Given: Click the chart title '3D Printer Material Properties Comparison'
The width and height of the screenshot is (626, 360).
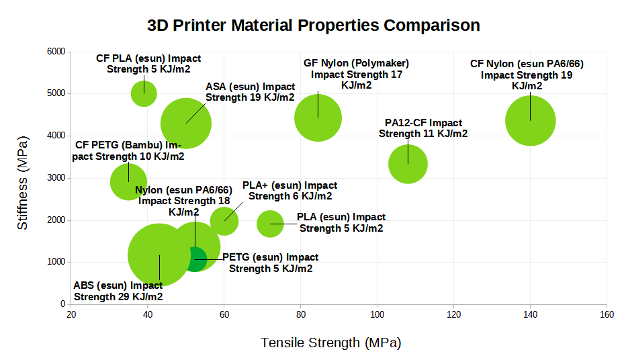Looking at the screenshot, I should click(313, 26).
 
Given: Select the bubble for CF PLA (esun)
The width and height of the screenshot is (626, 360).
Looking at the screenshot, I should click(144, 93).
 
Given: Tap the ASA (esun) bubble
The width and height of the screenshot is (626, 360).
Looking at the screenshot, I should click(186, 123).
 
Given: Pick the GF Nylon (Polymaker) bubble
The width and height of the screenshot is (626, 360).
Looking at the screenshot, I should click(318, 118).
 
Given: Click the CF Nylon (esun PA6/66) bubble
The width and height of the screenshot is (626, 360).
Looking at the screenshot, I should click(530, 121).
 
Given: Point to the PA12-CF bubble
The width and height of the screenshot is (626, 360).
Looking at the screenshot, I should click(408, 164).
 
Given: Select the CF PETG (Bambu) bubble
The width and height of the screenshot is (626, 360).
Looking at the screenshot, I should click(128, 181).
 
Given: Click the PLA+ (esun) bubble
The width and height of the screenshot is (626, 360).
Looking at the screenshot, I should click(224, 221).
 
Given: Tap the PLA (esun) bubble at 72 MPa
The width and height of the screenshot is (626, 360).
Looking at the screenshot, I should click(270, 224).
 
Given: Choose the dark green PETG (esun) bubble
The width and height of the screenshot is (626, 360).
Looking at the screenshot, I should click(195, 259).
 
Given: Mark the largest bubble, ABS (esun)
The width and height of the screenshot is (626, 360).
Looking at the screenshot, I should click(151, 256).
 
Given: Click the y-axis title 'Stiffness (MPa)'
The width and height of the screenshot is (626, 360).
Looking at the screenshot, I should click(23, 184).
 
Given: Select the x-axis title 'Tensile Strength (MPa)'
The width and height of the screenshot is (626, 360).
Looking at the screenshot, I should click(330, 343).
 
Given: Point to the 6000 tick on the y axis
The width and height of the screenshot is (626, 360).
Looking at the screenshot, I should click(56, 52).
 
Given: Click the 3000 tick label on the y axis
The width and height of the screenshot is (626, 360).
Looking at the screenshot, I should click(56, 178).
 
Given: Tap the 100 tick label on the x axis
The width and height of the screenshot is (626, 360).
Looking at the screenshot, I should click(377, 314).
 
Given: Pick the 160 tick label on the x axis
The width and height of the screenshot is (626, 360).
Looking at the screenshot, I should click(607, 314).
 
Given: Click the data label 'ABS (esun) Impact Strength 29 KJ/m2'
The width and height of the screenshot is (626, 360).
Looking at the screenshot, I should click(118, 291).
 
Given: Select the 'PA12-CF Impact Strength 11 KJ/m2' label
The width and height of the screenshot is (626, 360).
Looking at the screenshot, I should click(423, 128).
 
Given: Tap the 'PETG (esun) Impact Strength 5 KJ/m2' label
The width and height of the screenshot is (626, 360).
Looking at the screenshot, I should click(271, 263).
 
